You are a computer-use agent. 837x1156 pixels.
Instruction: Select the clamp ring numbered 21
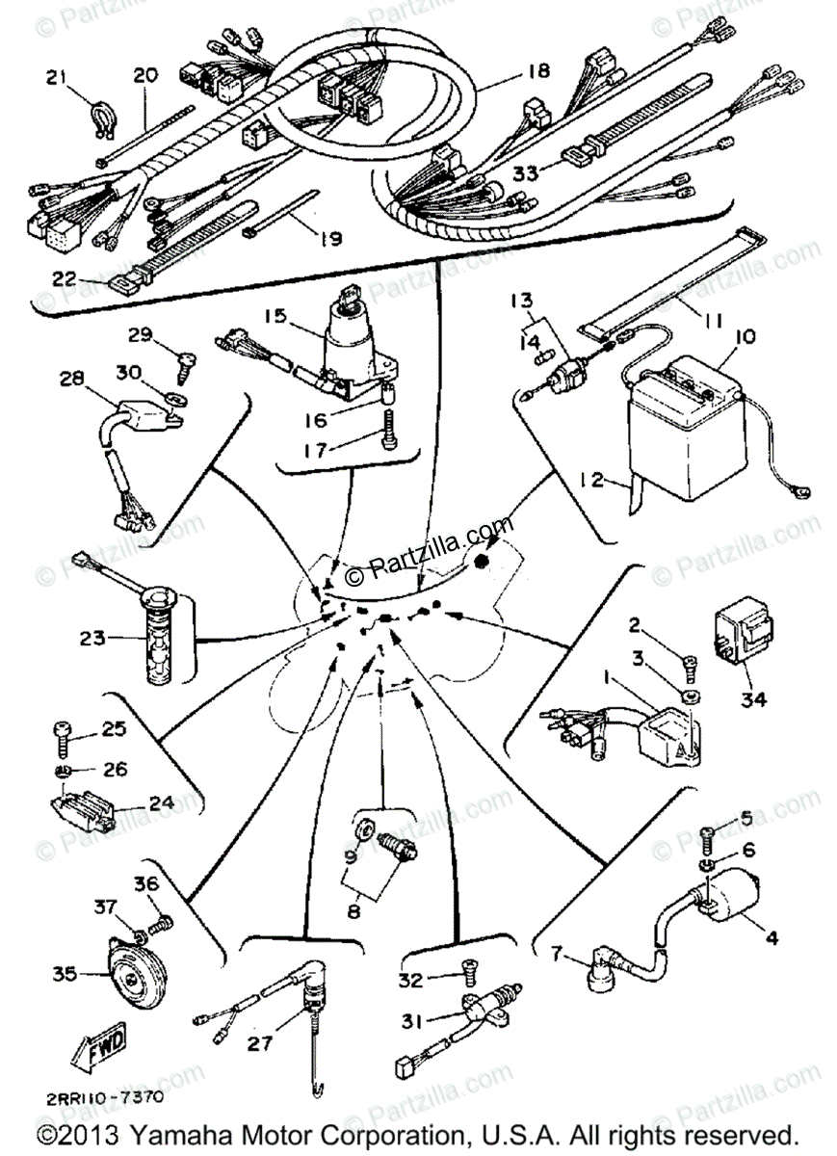pos(104,116)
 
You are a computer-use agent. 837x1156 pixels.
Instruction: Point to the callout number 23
pos(94,637)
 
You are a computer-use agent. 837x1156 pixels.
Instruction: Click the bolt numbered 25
pos(62,737)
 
